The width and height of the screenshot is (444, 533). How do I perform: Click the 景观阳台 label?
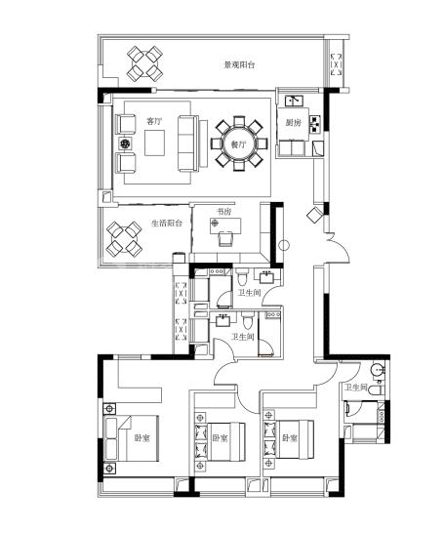point(239,64)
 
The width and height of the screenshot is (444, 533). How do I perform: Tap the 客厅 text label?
point(154,121)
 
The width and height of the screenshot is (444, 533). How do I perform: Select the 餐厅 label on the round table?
point(238,144)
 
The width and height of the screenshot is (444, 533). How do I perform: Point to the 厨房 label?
point(293,123)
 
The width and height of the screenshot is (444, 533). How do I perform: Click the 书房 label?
point(223,212)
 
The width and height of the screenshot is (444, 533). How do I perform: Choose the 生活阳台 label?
point(167,224)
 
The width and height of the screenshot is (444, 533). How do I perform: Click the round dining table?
point(239,143)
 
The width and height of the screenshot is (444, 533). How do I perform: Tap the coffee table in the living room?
point(154,143)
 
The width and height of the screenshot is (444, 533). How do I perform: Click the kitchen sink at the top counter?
point(294,101)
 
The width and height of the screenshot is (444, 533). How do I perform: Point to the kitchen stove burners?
point(315,124)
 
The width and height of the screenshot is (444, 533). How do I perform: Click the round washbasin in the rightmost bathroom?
point(377,370)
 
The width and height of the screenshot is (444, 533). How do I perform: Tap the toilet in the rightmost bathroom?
point(377,389)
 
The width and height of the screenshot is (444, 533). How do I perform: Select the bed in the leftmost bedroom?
point(132,437)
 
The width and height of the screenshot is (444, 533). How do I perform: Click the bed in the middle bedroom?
point(220,441)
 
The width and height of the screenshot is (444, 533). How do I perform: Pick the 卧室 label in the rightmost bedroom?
point(290,437)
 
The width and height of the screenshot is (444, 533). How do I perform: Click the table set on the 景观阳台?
point(145,63)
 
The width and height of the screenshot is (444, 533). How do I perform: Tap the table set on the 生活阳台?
point(124,239)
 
